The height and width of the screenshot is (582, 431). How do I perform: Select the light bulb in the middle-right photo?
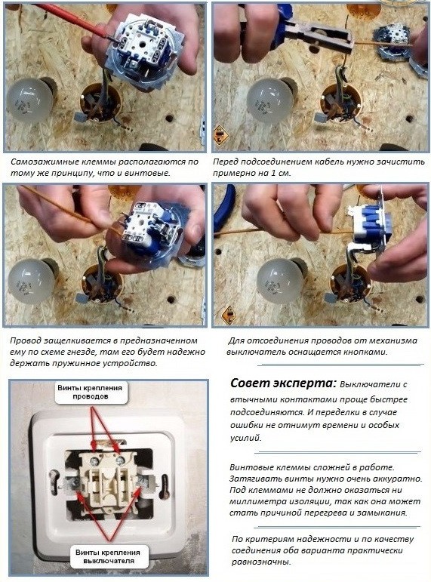point(278,280)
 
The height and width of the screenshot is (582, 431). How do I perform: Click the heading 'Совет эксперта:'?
point(283,383)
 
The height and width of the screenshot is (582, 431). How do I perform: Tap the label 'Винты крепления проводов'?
point(90,392)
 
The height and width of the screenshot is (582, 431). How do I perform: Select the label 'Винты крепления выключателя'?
point(108,556)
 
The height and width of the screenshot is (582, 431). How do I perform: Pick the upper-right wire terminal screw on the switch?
point(120,460)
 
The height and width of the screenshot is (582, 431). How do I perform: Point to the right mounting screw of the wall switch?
point(142,481)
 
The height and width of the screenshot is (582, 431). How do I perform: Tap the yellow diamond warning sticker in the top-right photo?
point(220,134)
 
